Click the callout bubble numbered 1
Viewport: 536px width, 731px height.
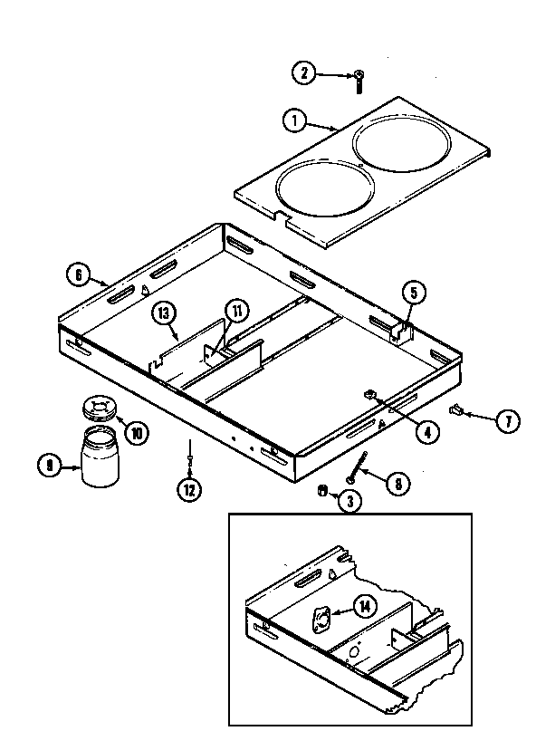[x=292, y=119]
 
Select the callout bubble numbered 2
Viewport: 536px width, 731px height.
[x=305, y=73]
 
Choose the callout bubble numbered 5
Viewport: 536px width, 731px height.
[x=413, y=292]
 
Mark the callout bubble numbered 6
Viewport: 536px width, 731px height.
[x=78, y=273]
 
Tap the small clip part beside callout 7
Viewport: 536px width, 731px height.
[x=459, y=412]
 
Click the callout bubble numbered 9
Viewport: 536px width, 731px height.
[x=46, y=466]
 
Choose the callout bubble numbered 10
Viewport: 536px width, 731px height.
[x=136, y=433]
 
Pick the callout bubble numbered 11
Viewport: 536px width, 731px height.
[x=236, y=311]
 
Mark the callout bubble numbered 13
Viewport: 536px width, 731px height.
[x=163, y=313]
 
